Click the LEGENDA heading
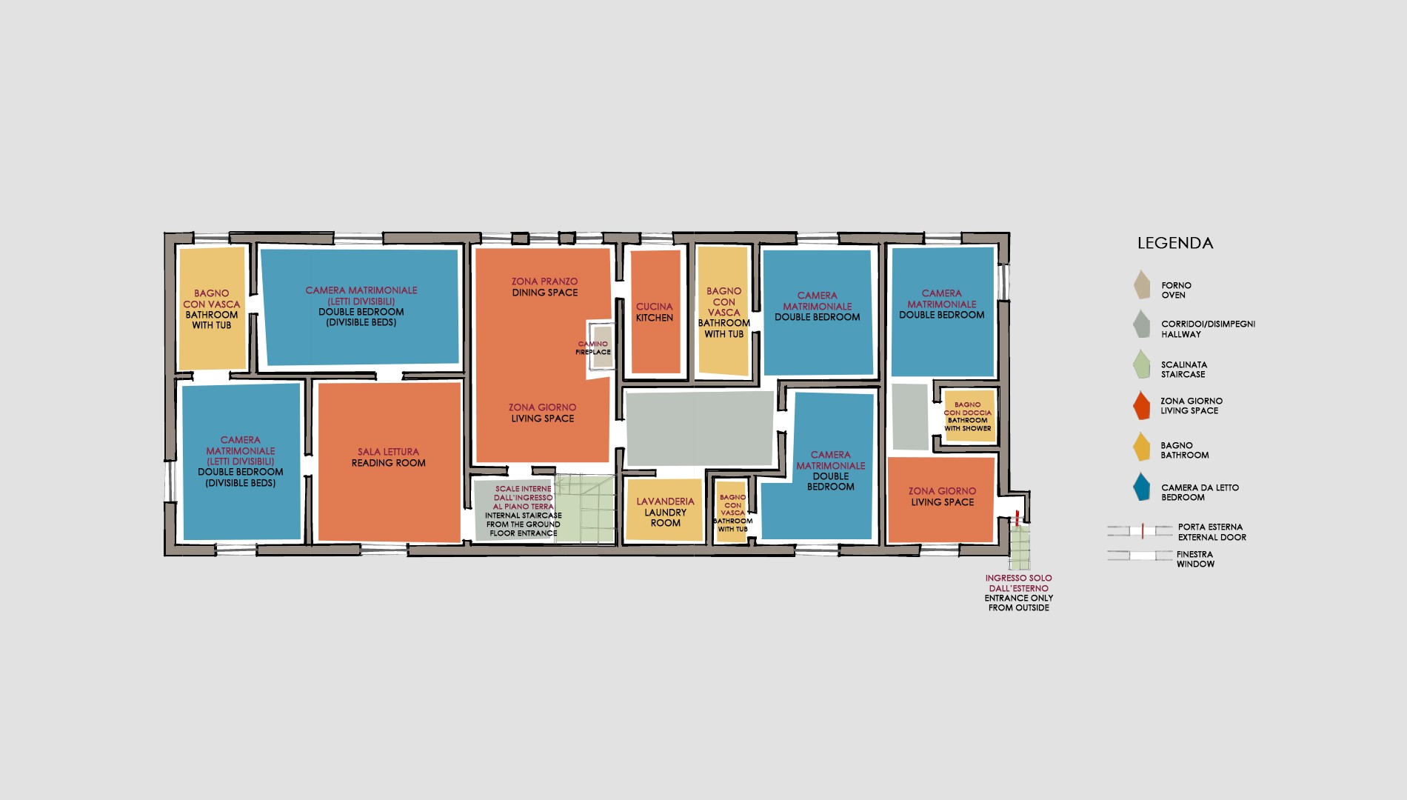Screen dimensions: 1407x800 point(1175,243)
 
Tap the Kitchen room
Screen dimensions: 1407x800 point(655,312)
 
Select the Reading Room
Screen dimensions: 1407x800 point(390,462)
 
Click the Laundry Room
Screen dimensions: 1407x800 point(664,510)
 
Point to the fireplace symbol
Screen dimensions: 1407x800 point(602,347)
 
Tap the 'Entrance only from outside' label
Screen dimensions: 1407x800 point(1019,593)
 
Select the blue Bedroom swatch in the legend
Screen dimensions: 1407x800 point(1143,487)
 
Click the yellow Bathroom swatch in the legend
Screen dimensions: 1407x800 point(1143,447)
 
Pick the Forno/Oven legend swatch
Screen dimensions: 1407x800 point(1143,285)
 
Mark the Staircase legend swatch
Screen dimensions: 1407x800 point(1143,364)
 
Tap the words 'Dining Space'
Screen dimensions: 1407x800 point(545,293)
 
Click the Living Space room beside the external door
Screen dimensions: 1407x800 point(941,500)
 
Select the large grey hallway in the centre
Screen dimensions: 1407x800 point(700,429)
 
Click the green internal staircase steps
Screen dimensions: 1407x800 point(586,510)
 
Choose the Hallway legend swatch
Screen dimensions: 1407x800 point(1143,324)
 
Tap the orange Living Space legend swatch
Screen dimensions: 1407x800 point(1143,405)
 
